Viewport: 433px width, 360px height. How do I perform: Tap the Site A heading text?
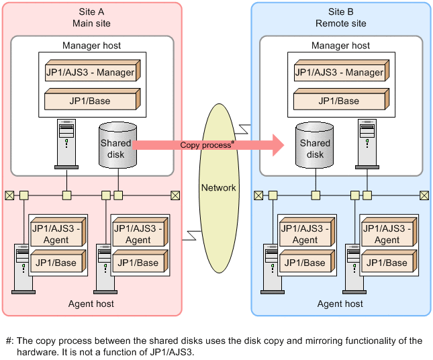91,11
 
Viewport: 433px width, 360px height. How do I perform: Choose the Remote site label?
340,24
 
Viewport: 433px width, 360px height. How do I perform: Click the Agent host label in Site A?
91,304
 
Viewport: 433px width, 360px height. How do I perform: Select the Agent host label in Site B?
340,304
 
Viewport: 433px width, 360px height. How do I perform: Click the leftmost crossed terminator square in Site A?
9,195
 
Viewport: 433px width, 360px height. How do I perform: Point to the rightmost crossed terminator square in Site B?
424,195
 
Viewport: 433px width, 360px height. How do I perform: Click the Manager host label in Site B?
340,46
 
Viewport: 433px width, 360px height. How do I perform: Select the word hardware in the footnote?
24,351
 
